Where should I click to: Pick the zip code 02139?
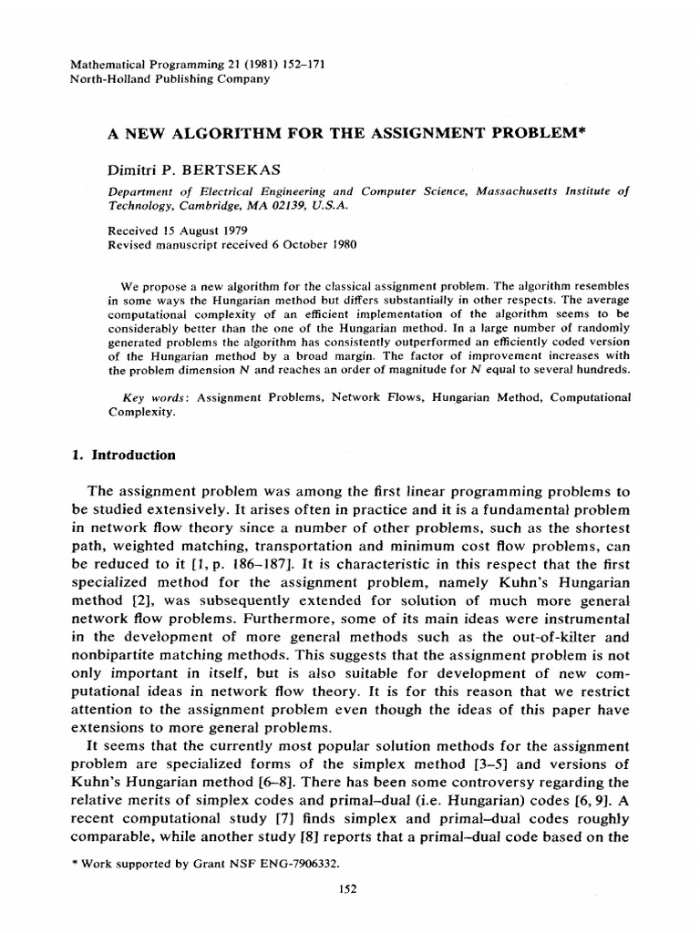(x=288, y=206)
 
